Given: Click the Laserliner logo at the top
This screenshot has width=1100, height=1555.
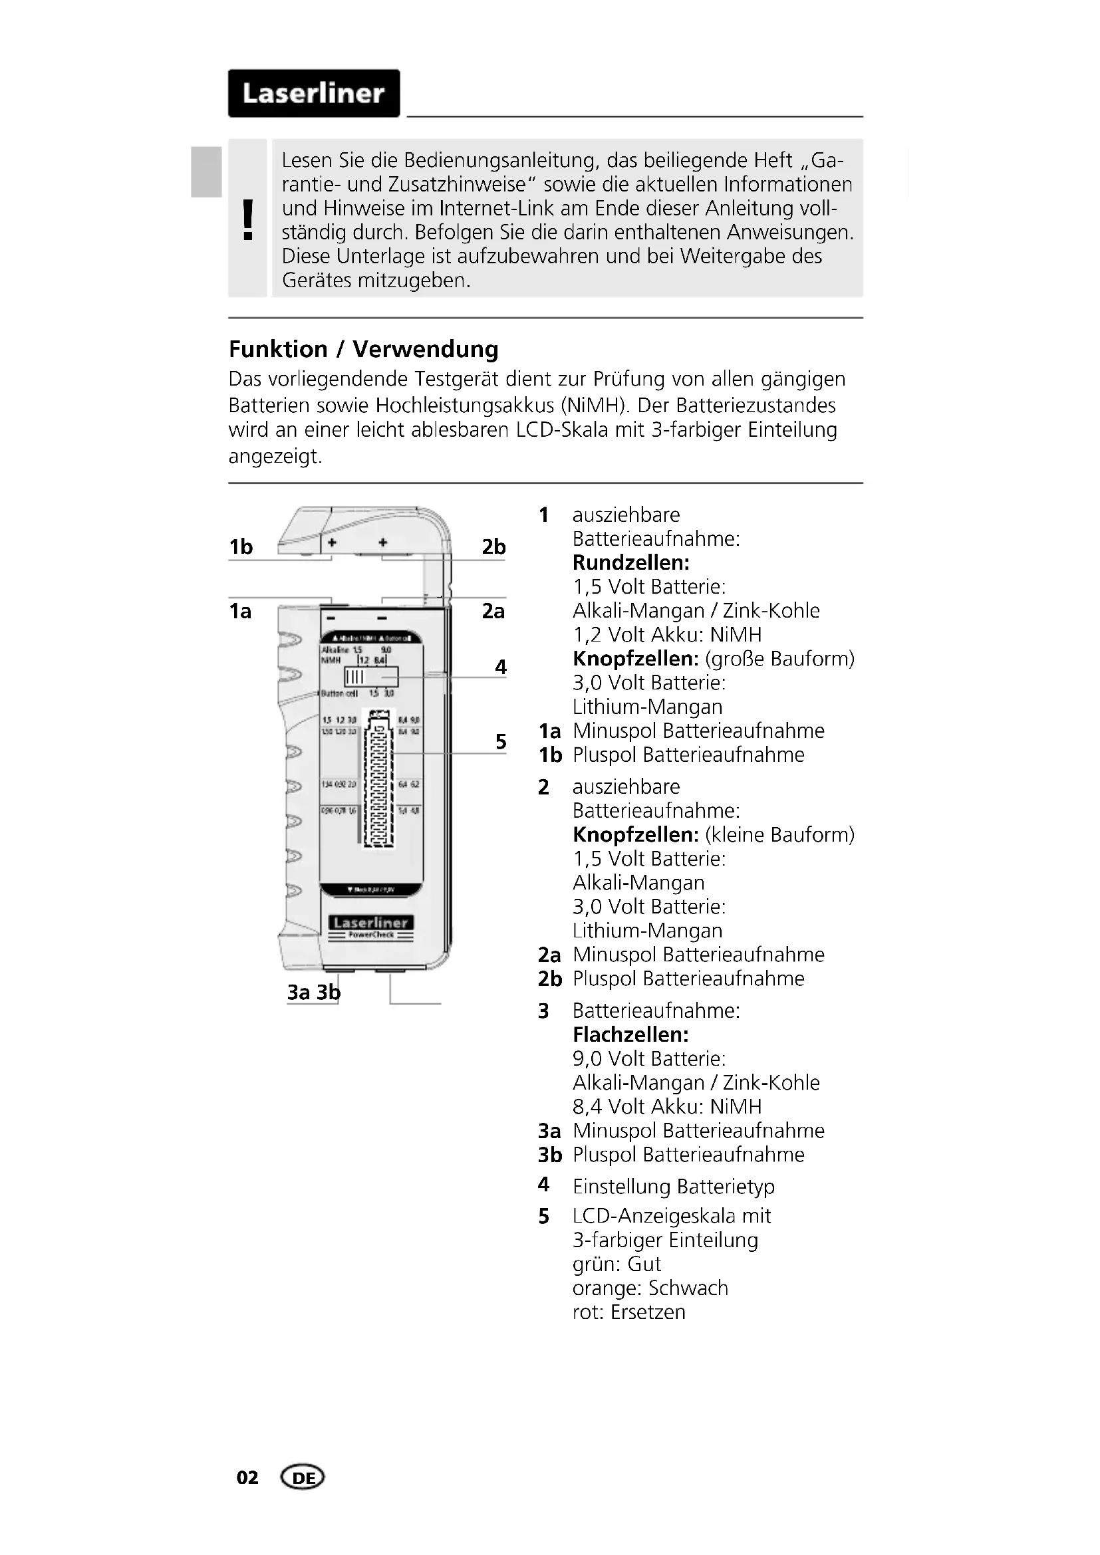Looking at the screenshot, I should click(314, 94).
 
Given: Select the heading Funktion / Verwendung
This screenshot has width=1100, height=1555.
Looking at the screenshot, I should click(363, 350).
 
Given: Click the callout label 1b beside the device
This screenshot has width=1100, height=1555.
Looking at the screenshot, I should click(241, 546).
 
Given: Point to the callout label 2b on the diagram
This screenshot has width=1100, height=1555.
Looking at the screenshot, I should click(493, 546).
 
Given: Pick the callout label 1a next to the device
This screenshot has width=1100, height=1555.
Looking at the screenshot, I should click(240, 611).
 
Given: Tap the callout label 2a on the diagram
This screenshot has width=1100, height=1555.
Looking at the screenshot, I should click(493, 611).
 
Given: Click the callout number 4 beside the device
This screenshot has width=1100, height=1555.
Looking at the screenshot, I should click(501, 667).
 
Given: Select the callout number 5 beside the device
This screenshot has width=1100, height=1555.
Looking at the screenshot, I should click(501, 742).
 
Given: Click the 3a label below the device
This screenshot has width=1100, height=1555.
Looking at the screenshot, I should click(299, 992).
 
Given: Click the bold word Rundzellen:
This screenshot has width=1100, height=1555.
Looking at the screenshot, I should click(630, 563).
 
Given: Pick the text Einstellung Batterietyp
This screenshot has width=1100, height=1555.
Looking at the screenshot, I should click(673, 1186).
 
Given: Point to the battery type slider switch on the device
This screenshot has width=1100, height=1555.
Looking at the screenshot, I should click(370, 677).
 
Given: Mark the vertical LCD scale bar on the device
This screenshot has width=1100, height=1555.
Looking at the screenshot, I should click(379, 779).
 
